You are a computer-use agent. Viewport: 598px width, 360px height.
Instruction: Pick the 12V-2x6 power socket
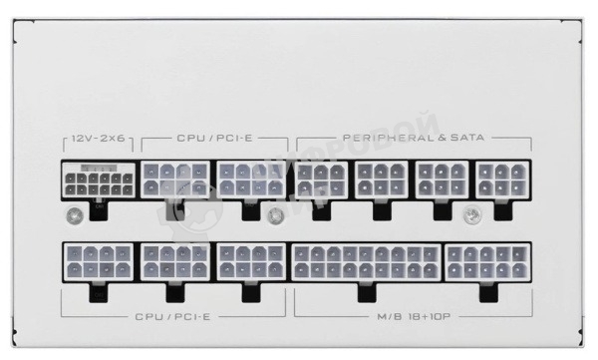pos(98,180)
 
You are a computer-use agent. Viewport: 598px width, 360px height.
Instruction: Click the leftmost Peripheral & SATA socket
pos(320,180)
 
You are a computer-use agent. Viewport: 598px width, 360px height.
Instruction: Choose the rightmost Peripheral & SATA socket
pos(497,180)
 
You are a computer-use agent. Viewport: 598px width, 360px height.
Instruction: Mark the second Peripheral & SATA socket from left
pos(379,180)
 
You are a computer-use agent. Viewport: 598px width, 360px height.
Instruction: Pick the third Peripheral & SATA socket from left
pos(440,180)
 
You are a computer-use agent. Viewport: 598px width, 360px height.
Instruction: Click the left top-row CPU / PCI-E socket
pos(175,180)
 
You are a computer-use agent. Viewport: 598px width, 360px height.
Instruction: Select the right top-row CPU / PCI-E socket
pos(251,180)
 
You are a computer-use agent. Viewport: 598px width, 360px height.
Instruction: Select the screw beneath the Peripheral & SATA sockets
pos(475,212)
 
